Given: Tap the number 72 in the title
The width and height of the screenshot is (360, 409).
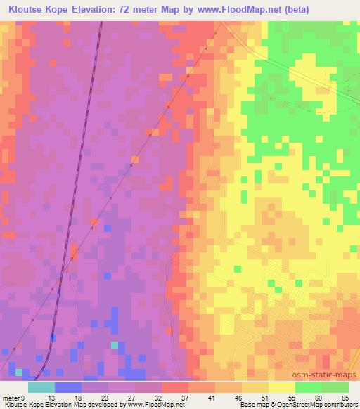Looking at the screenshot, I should [x=125, y=9].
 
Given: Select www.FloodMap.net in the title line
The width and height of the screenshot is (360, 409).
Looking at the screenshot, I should [x=237, y=9].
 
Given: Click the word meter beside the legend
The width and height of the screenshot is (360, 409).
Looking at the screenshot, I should [x=12, y=398].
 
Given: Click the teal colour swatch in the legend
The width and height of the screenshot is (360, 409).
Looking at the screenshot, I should [x=41, y=387].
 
